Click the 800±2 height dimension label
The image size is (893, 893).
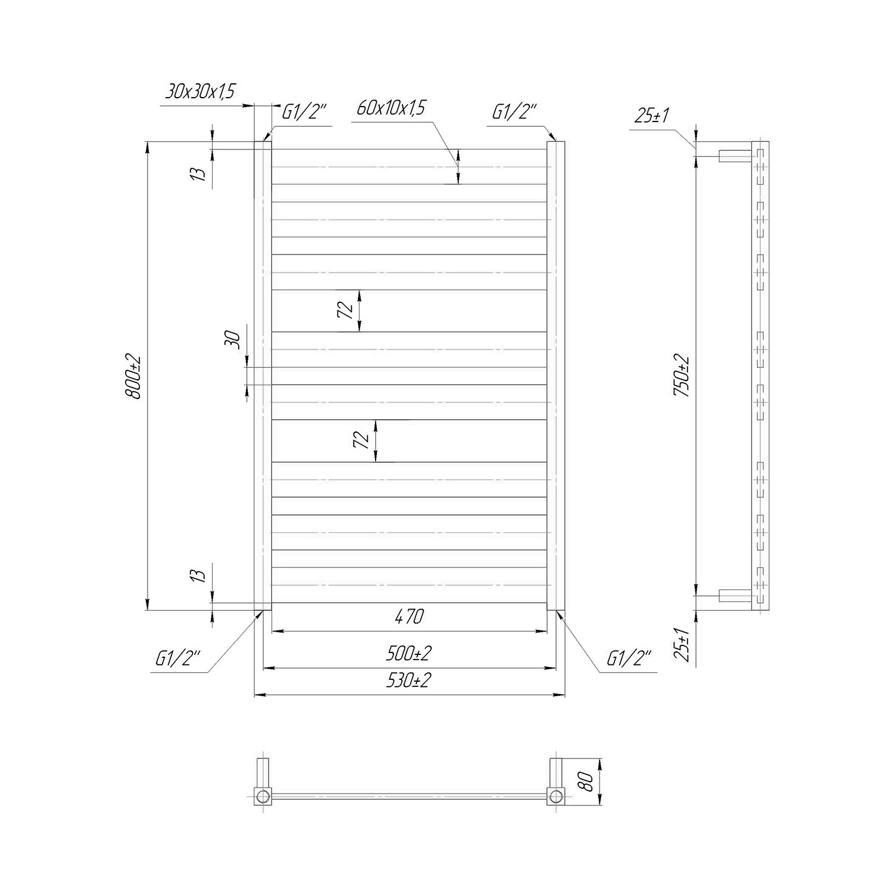tap(135, 377)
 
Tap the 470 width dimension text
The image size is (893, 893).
tap(409, 617)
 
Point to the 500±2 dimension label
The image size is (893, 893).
tap(409, 653)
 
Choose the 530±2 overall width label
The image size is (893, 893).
tap(409, 680)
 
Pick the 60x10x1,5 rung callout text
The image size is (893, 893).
tap(392, 108)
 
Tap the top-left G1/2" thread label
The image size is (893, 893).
tap(306, 112)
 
